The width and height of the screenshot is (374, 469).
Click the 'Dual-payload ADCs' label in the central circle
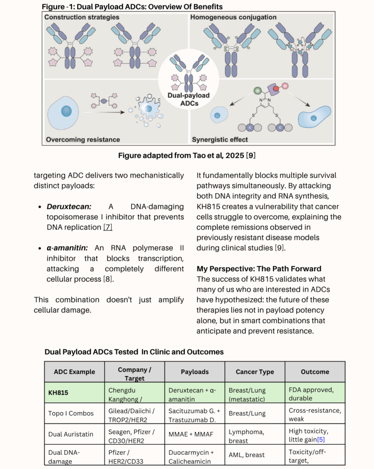tap(189, 99)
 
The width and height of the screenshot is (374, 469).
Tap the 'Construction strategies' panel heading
tap(81, 17)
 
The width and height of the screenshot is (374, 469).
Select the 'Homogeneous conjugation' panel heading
tap(233, 17)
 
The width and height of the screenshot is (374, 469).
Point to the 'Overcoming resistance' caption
tap(83, 139)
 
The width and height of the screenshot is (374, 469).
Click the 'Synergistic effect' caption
tap(220, 139)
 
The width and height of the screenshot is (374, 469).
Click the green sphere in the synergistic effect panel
tap(257, 91)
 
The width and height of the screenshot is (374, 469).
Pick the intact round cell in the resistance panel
tap(63, 113)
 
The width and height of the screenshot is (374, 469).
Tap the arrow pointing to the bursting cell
tap(104, 112)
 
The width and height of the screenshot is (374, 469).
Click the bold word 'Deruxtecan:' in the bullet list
tap(69, 207)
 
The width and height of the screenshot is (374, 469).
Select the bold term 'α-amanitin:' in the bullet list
tap(67, 248)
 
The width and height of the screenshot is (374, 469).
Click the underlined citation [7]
tap(108, 227)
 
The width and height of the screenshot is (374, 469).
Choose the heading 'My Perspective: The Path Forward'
tap(259, 268)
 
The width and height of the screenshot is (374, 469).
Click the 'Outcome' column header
tap(315, 372)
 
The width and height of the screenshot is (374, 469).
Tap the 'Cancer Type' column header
tap(255, 372)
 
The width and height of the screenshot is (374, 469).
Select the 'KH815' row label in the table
tap(58, 393)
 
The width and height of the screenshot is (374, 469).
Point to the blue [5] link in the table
tap(321, 439)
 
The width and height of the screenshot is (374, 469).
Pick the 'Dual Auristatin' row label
tap(70, 434)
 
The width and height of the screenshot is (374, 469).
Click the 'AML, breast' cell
tap(247, 455)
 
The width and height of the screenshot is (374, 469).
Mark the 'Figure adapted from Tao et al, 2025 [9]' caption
tap(187, 156)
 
